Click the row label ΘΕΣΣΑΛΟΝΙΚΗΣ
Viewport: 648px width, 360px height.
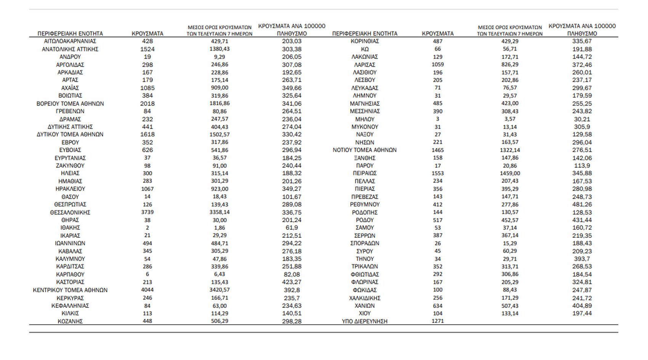coord(70,212)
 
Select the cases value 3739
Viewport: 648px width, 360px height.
coord(147,212)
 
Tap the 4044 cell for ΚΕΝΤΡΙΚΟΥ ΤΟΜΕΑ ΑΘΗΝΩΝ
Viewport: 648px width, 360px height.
coord(147,290)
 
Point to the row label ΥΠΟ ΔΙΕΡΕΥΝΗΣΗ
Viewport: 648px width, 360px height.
coord(364,321)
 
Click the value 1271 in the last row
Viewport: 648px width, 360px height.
coord(438,321)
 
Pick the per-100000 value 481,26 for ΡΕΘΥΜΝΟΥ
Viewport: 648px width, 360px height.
coord(582,205)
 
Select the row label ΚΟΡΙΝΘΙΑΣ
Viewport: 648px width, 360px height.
coord(364,41)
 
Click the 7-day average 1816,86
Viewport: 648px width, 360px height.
coord(220,103)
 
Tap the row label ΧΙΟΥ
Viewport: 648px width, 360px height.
coord(364,313)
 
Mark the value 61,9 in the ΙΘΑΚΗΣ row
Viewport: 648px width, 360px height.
coord(292,228)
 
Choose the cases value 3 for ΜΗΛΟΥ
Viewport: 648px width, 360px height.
coord(438,119)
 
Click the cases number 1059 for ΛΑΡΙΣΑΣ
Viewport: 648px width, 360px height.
coord(438,64)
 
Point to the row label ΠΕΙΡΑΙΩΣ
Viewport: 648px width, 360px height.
coord(364,173)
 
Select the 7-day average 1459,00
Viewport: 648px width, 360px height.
coord(510,173)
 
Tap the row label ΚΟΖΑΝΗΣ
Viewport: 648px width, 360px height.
coord(70,321)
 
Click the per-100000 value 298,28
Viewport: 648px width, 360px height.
coord(292,321)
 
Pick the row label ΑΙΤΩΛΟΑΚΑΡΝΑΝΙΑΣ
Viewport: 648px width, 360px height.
coord(70,41)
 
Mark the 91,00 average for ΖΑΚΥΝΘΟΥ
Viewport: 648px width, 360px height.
coord(220,166)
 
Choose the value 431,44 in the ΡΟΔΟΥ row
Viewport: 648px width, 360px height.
coord(582,220)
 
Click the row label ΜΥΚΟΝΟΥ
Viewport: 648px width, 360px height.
coord(364,127)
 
